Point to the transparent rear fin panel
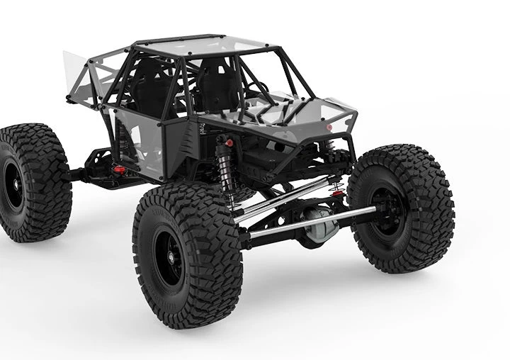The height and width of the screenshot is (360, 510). coord(76,74)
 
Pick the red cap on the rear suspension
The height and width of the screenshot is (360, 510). coord(120,170)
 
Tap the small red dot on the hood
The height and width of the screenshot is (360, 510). coord(329,128)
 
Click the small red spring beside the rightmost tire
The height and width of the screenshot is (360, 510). coord(338,190)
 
